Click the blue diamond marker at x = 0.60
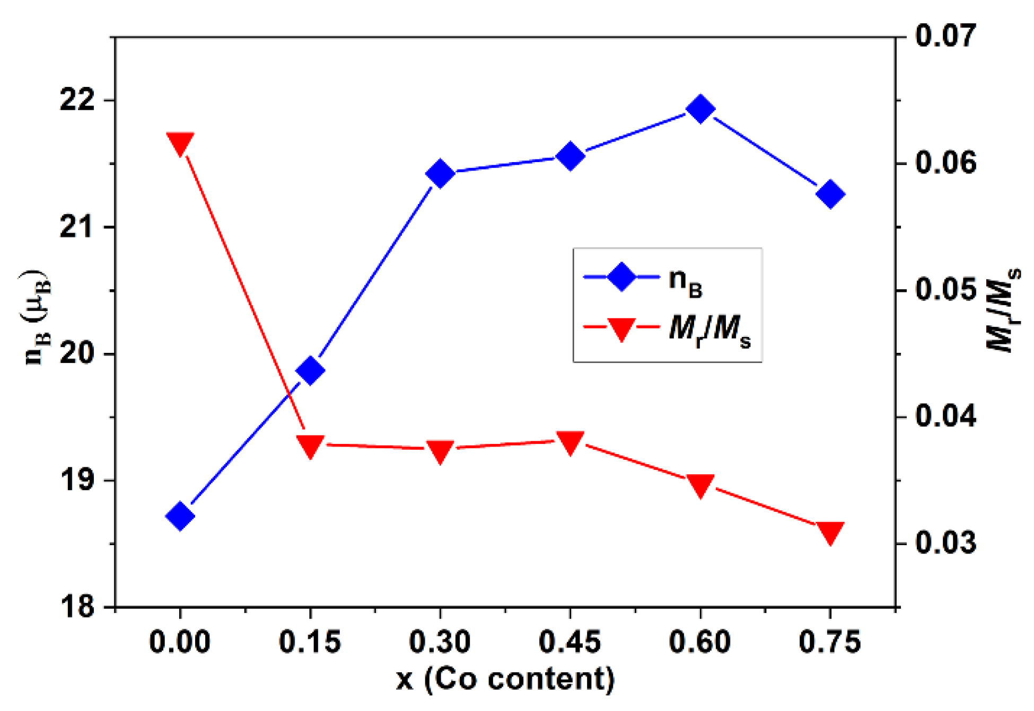700,109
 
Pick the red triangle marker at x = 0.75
830,532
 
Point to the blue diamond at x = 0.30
440,173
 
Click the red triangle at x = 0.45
571,442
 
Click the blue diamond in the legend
621,277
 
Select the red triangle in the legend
621,329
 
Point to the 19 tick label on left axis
77,480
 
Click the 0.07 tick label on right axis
945,36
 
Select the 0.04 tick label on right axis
945,416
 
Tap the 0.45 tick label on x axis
570,642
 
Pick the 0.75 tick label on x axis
830,642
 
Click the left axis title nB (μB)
37,318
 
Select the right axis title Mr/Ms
1002,310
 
